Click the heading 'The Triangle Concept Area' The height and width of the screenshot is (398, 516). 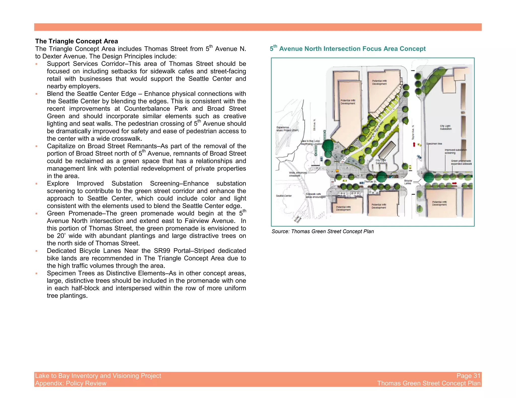[x=76, y=41]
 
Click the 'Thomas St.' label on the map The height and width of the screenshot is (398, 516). [x=370, y=181]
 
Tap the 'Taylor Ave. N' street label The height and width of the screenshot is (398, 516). [x=413, y=132]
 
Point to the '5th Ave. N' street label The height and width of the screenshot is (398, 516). [x=314, y=125]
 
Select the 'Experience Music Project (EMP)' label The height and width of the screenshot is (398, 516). [x=287, y=129]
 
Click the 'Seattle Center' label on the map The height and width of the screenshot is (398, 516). [x=284, y=196]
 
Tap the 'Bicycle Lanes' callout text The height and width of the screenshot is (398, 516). [x=408, y=182]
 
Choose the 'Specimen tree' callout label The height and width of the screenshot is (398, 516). [x=434, y=144]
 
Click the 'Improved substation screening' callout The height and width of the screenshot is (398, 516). [x=455, y=151]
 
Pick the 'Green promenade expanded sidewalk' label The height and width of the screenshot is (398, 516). [x=461, y=162]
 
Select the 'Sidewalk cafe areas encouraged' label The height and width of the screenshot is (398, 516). [x=315, y=195]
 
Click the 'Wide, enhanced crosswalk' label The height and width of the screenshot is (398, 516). [x=298, y=174]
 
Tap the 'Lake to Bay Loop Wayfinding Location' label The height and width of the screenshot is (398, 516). [x=311, y=142]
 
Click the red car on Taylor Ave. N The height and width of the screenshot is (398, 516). [x=414, y=144]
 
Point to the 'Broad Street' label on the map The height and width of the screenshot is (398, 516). [x=298, y=219]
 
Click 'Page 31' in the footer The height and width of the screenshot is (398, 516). [x=468, y=376]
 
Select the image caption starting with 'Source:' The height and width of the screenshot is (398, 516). [x=322, y=231]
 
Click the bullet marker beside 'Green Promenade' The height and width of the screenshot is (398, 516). [x=37, y=214]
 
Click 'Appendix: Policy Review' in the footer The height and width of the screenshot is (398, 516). [x=71, y=383]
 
